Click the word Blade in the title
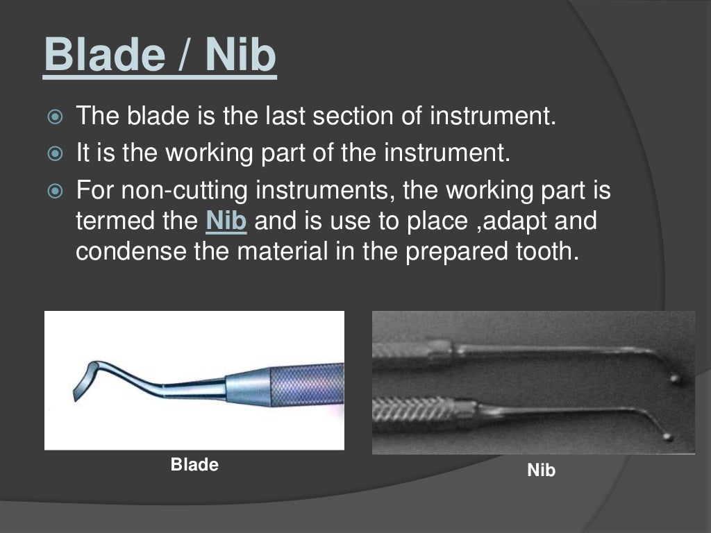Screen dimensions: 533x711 click(103, 56)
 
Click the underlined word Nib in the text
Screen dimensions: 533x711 click(226, 221)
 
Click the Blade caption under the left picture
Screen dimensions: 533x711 click(194, 464)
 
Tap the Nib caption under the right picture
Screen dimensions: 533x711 click(542, 470)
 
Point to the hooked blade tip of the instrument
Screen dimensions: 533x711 click(80, 385)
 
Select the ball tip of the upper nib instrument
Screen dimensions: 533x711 click(674, 379)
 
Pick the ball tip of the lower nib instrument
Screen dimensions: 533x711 click(667, 437)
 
